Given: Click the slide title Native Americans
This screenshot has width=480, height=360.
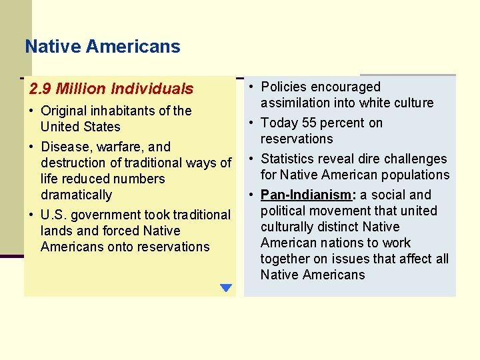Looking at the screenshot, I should [x=102, y=47].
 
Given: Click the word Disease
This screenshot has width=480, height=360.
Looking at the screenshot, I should [x=63, y=147].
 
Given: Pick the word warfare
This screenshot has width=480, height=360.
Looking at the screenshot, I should [x=116, y=147].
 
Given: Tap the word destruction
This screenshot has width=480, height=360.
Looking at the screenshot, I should [x=75, y=163].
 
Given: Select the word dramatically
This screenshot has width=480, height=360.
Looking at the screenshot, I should [x=76, y=195].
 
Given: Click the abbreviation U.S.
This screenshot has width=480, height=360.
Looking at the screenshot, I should [x=53, y=215].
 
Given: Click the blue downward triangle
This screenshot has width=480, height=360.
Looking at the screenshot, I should [x=225, y=288].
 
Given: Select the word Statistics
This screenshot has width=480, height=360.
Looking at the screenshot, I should [x=290, y=159].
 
